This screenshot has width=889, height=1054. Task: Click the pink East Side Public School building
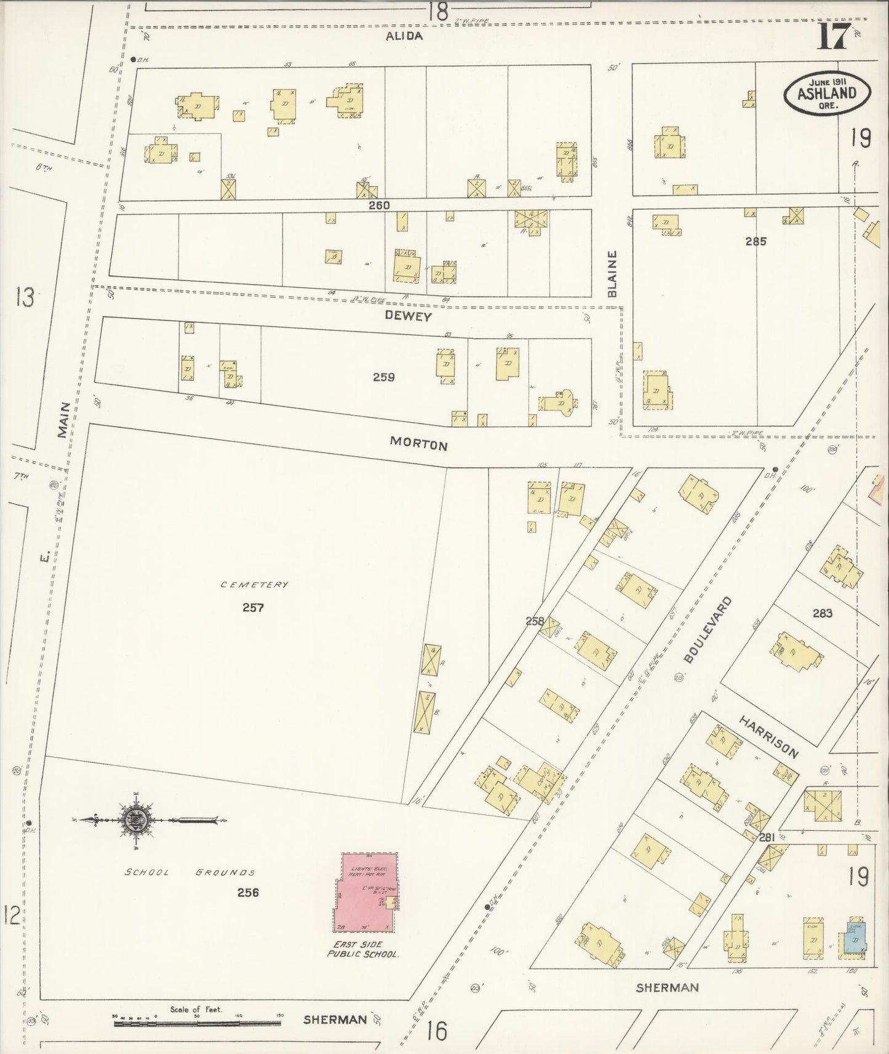[x=365, y=892]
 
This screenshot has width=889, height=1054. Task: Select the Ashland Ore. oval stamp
[x=827, y=93]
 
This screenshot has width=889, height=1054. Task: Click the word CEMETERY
[x=254, y=584]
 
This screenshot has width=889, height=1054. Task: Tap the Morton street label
[x=418, y=444]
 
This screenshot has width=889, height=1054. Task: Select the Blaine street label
[x=612, y=274]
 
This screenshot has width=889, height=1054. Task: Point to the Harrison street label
[x=768, y=737]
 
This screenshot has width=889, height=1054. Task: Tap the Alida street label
[x=404, y=36]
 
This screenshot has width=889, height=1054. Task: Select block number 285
[x=755, y=242]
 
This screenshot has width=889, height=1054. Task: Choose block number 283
[x=822, y=613]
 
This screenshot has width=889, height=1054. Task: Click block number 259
[x=383, y=378]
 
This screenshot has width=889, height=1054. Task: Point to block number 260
[x=379, y=205]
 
